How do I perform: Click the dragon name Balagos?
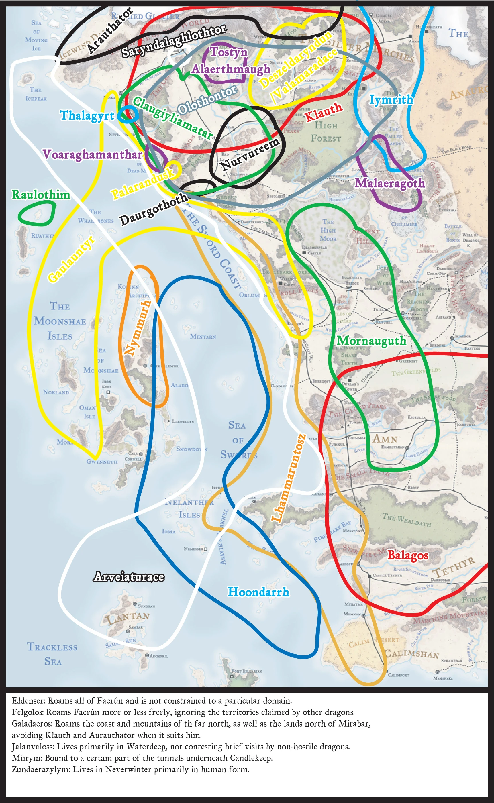tap(407, 555)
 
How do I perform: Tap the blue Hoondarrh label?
tap(258, 592)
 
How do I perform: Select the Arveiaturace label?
tap(129, 577)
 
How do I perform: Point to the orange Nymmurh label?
tap(138, 328)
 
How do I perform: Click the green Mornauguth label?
tap(371, 341)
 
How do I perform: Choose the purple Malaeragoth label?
tap(390, 183)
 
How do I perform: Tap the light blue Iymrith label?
tap(391, 99)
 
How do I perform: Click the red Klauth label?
tap(324, 112)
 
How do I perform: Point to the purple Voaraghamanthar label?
tap(93, 154)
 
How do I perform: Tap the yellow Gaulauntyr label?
tap(72, 258)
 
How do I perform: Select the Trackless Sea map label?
tap(52, 654)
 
